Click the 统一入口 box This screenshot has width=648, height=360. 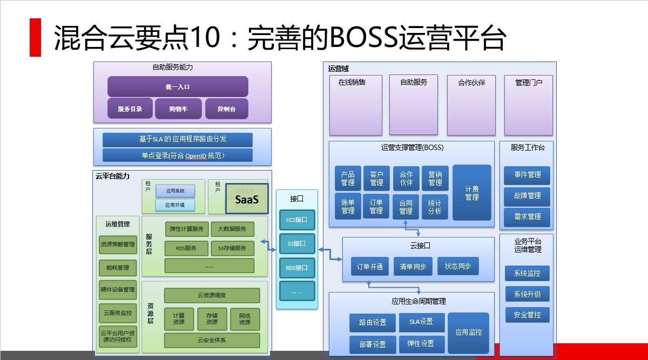click(x=178, y=86)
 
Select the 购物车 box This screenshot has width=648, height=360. click(x=178, y=108)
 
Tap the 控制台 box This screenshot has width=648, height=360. click(x=226, y=108)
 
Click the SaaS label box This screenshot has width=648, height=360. click(x=247, y=199)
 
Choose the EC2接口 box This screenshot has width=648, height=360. click(x=296, y=220)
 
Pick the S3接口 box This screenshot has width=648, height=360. click(x=296, y=243)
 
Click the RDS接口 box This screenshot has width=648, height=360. click(x=296, y=268)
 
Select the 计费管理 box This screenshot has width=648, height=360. click(x=471, y=193)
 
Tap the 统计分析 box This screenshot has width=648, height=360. click(x=435, y=207)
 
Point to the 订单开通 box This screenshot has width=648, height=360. click(x=370, y=267)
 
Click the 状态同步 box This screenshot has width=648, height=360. click(x=458, y=266)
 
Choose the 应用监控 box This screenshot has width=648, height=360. click(x=468, y=332)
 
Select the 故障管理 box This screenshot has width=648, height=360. click(x=527, y=196)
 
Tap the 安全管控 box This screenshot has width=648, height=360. click(x=527, y=315)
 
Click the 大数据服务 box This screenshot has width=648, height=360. click(x=232, y=229)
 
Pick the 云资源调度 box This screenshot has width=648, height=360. click(x=212, y=295)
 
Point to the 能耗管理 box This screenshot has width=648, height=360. click(x=118, y=268)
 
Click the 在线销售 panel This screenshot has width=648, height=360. click(x=355, y=105)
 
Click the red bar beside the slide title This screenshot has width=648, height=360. click(x=35, y=37)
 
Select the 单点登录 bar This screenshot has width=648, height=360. click(x=178, y=155)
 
